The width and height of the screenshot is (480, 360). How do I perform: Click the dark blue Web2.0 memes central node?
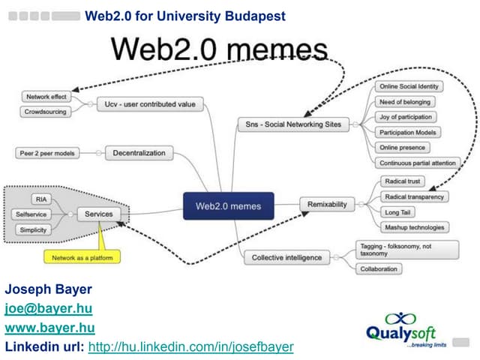(x=229, y=205)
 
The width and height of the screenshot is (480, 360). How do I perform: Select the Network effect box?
(x=46, y=97)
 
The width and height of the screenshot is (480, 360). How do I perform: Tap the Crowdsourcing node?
(x=46, y=112)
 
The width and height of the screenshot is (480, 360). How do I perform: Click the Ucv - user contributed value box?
(x=150, y=104)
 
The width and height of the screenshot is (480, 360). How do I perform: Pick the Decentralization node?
(x=139, y=153)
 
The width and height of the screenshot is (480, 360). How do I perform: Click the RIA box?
(x=41, y=199)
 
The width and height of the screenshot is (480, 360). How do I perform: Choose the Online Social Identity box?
(x=409, y=87)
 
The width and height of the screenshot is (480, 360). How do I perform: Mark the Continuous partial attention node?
(x=416, y=163)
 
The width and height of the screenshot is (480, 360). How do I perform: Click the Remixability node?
(x=326, y=203)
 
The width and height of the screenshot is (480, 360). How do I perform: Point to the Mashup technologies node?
(x=414, y=227)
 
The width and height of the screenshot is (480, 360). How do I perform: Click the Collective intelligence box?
(x=286, y=257)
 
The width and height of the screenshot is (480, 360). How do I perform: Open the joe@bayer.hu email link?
(x=48, y=308)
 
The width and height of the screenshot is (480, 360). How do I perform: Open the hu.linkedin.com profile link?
(x=190, y=346)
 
